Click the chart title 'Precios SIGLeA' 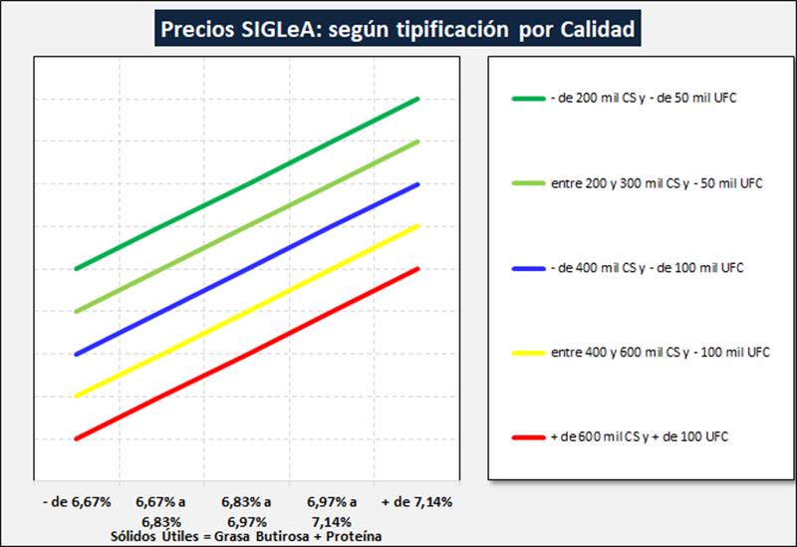click(x=397, y=29)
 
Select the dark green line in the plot click(x=247, y=183)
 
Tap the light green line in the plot click(x=247, y=226)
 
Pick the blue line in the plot click(x=247, y=269)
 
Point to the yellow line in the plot click(x=247, y=311)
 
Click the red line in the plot click(x=247, y=354)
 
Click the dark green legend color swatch click(x=527, y=99)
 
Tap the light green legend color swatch click(x=527, y=183)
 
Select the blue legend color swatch click(x=527, y=268)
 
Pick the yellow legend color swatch click(x=527, y=353)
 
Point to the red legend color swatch click(x=527, y=437)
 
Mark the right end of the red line click(x=418, y=269)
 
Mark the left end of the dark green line click(x=77, y=268)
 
